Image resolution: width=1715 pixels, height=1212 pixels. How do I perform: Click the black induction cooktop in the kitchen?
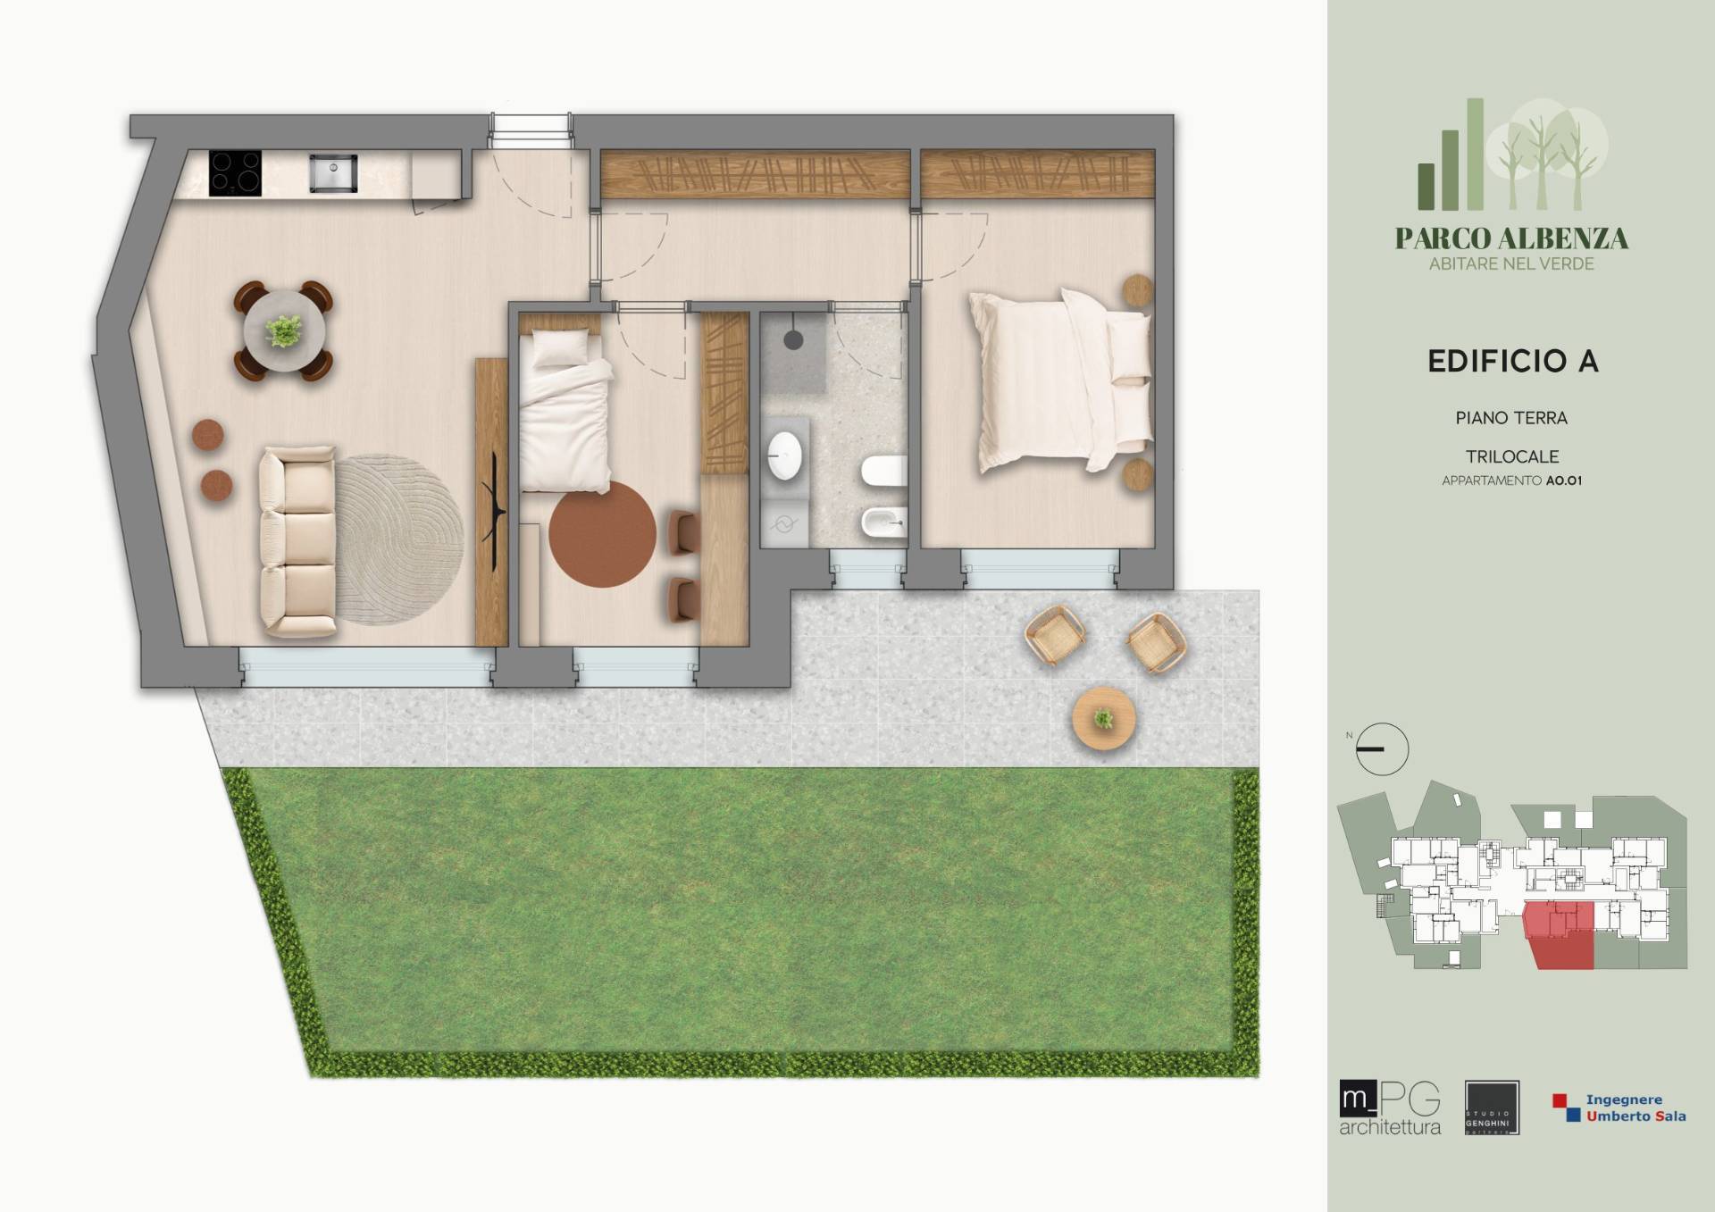tap(236, 172)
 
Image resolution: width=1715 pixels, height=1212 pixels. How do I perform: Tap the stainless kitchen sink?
tap(333, 172)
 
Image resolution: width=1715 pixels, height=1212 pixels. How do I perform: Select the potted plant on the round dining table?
tap(284, 330)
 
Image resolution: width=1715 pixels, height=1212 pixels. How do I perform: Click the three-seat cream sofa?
tap(296, 542)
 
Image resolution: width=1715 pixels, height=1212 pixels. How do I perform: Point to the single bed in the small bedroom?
tap(565, 410)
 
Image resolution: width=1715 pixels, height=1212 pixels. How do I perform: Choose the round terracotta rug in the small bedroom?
tap(602, 534)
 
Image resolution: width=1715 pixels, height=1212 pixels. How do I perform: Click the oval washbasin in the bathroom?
tap(785, 456)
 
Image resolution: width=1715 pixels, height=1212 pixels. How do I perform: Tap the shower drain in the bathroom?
tap(793, 340)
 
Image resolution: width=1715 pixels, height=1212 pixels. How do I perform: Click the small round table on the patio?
tap(1104, 718)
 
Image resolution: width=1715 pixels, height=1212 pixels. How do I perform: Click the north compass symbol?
tap(1381, 748)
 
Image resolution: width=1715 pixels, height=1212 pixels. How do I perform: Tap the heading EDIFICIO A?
tap(1512, 362)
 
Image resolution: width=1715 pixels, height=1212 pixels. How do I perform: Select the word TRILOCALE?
tap(1512, 456)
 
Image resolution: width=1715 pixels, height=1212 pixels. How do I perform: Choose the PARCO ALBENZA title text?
tap(1511, 238)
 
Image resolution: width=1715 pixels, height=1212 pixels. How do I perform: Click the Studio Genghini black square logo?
tap(1492, 1108)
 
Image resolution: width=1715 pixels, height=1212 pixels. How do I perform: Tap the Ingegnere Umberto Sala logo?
tap(1619, 1108)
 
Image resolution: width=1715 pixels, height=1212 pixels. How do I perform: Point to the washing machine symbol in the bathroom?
tap(783, 524)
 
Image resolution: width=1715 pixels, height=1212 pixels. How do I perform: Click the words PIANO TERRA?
tap(1511, 418)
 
